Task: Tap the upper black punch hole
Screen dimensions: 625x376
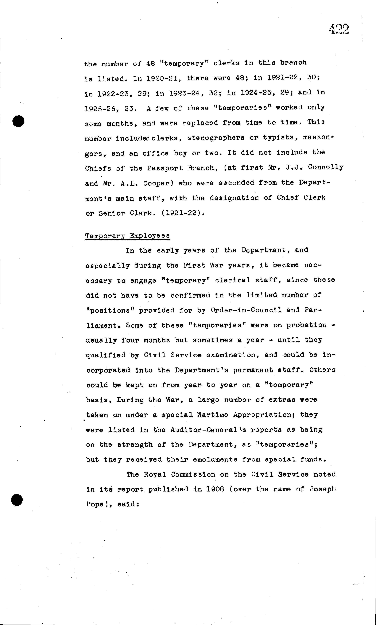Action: pyautogui.click(x=18, y=121)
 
